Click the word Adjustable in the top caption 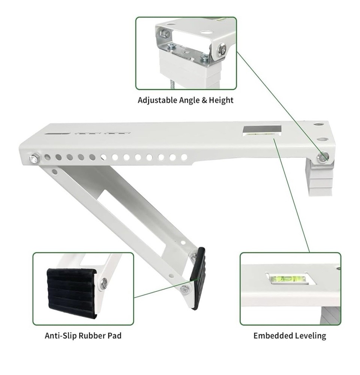155,100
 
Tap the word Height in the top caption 221,100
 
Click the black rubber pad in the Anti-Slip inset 71,288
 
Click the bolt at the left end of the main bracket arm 34,159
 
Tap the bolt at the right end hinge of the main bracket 322,157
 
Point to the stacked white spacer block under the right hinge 320,179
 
